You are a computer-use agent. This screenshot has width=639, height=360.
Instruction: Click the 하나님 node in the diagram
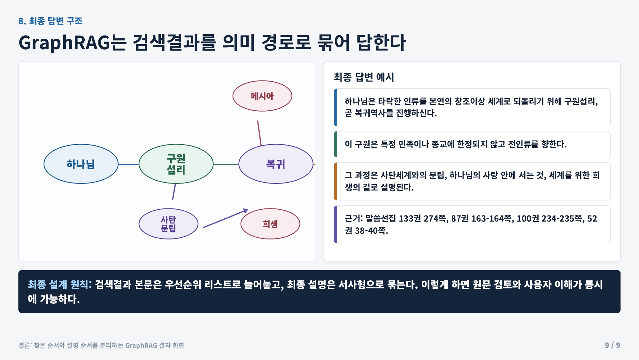click(81, 164)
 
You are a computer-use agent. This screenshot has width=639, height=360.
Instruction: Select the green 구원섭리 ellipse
click(176, 164)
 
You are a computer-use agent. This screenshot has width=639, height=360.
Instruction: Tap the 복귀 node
click(276, 164)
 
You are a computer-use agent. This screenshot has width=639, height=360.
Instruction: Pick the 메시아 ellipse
click(262, 96)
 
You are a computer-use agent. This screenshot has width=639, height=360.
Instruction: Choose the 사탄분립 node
click(168, 224)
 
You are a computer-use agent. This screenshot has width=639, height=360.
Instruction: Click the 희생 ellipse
click(270, 224)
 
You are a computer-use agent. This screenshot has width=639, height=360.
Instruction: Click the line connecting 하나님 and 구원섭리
click(128, 164)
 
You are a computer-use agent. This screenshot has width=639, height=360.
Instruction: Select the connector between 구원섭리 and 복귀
click(226, 164)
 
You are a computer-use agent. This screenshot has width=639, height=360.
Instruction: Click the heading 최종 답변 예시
click(364, 77)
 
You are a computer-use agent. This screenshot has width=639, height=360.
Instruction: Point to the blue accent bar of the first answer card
click(335, 107)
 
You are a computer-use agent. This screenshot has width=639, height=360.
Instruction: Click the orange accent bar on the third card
click(335, 181)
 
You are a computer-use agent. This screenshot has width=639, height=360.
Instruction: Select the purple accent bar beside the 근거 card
click(335, 224)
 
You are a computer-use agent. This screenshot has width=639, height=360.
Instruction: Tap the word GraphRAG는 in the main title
click(73, 43)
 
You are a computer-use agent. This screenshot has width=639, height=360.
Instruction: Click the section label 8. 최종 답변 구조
click(50, 21)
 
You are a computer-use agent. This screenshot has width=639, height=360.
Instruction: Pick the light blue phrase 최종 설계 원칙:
click(60, 285)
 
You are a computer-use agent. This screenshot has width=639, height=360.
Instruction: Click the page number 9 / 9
click(612, 345)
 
